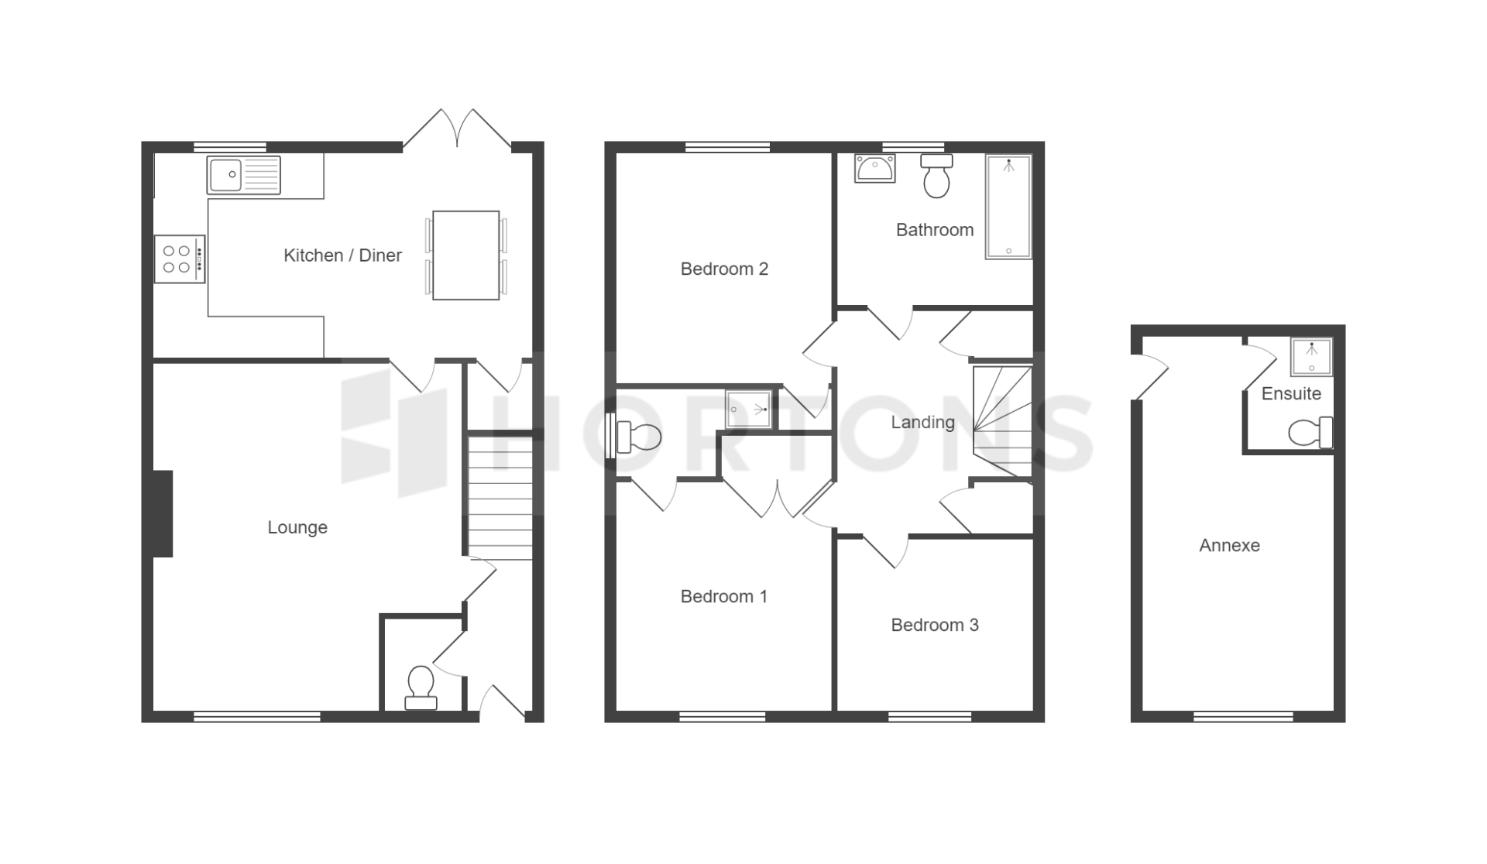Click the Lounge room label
(297, 527)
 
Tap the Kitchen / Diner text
(342, 255)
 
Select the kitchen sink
(243, 175)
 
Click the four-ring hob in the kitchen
(180, 259)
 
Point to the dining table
(465, 255)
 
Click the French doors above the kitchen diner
(457, 129)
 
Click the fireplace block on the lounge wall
(163, 513)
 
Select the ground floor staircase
(500, 498)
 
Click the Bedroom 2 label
(724, 269)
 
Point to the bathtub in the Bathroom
(1008, 207)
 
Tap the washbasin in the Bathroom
(875, 168)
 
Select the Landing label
(922, 422)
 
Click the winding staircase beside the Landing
(1002, 421)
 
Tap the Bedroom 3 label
(935, 625)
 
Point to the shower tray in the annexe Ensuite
(1311, 357)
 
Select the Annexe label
(1229, 545)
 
